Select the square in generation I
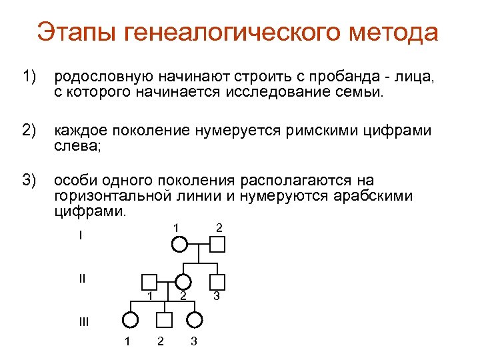point(218,245)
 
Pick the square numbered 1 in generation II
point(150,282)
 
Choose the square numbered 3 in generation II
point(217,282)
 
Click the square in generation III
point(165,320)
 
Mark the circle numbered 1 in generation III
point(131,320)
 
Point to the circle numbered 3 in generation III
point(193,320)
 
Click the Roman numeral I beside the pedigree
point(80,236)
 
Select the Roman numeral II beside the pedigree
point(82,278)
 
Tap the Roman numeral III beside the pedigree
point(83,322)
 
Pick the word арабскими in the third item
point(377,196)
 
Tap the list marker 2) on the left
point(29,130)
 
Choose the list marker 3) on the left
point(29,180)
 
